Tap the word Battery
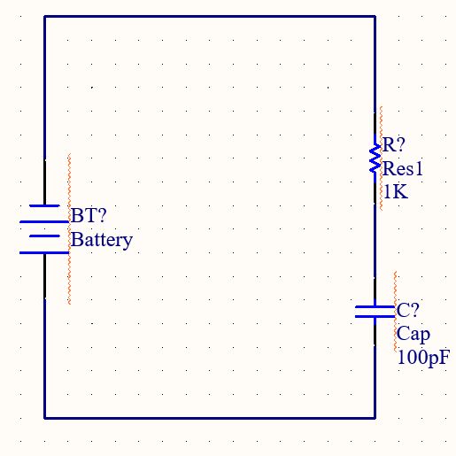(x=102, y=239)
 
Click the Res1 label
(x=401, y=168)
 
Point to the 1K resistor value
(x=395, y=191)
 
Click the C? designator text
(x=408, y=311)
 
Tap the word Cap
(x=413, y=334)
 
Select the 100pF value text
(x=423, y=358)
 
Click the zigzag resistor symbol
(x=375, y=159)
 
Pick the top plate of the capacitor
(x=375, y=305)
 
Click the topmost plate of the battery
(x=44, y=205)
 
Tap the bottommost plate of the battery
(x=44, y=252)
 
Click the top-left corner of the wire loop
(x=44, y=16)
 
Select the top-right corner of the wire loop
(x=375, y=16)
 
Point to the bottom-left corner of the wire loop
(x=44, y=418)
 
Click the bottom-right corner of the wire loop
(x=375, y=418)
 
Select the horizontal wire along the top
(x=209, y=16)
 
